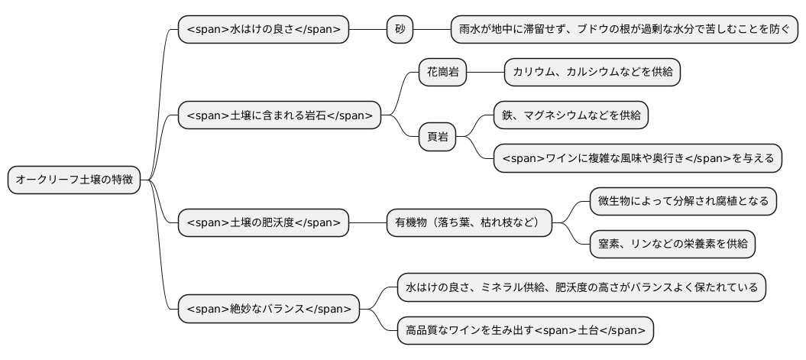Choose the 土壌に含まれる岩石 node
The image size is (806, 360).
coord(279,115)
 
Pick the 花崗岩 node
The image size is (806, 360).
coord(442,72)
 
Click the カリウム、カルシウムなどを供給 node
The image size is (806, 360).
coord(592,72)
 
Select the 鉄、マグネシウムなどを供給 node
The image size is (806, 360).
coord(571,115)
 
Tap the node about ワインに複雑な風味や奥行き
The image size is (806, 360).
coord(638,158)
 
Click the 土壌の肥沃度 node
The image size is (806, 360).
coord(264,223)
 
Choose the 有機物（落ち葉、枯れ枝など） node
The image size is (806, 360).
coord(468,223)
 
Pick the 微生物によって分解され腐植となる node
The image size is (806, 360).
coord(683,202)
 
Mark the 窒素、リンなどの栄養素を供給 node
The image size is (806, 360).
coord(672,245)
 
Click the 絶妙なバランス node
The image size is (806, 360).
coord(269,309)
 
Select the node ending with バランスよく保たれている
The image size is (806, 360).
coord(581,287)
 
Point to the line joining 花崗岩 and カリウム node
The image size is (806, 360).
coord(484,72)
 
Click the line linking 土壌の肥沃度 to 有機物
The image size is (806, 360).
coord(367,223)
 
